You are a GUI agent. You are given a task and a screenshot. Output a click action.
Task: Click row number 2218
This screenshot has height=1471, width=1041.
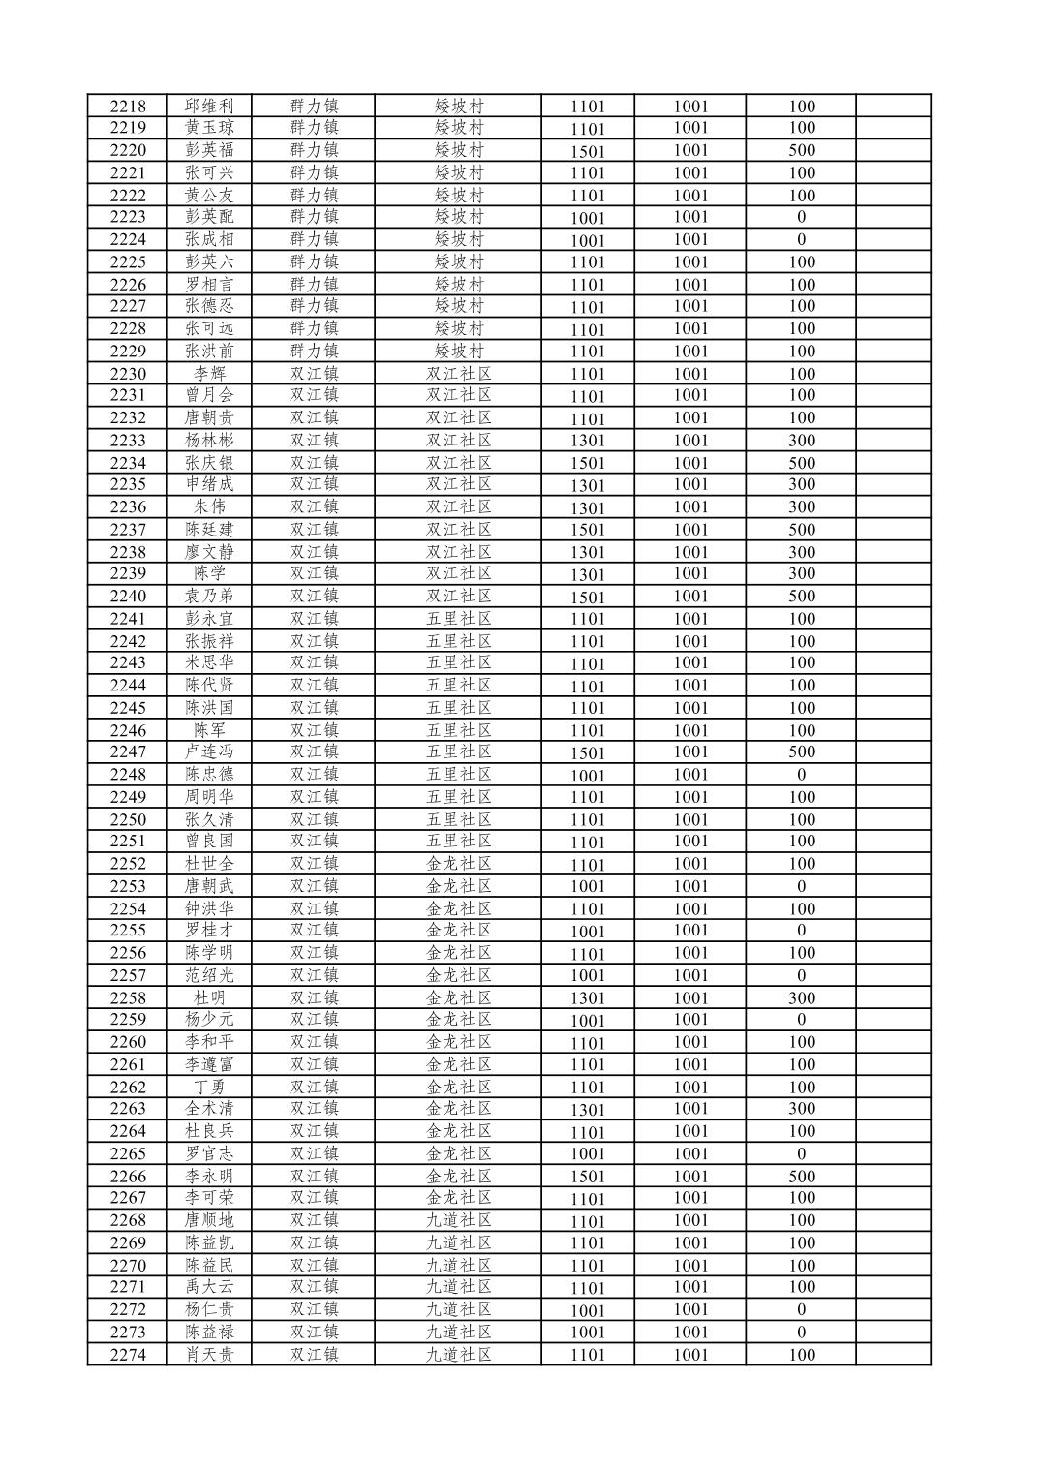128,107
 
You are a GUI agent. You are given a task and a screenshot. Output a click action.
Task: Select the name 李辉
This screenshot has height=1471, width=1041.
209,374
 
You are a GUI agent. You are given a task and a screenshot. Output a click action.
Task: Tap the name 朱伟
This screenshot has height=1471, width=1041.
209,507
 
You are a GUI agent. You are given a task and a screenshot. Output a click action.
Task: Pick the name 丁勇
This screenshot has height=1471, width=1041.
209,1087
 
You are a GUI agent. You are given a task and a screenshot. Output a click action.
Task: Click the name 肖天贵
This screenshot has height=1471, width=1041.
209,1355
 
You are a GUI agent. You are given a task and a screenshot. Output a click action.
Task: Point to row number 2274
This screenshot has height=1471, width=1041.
128,1355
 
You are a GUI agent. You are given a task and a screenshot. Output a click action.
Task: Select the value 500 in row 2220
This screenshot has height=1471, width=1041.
802,150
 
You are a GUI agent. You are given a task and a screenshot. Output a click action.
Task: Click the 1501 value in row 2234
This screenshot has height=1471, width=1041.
588,463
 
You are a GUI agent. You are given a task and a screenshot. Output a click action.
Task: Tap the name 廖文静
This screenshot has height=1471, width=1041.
209,552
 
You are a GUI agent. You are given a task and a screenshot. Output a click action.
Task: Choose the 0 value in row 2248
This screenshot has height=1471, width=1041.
802,775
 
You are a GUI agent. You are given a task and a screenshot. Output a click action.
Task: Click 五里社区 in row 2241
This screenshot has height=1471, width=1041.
459,619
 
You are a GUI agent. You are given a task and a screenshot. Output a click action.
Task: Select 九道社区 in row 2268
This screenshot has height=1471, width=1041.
459,1220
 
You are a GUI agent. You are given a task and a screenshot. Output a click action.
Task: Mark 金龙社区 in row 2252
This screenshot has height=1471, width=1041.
459,864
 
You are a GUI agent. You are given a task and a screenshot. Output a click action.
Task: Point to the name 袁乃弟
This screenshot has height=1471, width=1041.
209,597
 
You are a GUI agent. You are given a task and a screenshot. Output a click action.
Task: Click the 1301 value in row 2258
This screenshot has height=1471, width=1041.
588,998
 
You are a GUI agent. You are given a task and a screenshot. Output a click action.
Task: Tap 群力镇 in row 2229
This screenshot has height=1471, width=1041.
314,352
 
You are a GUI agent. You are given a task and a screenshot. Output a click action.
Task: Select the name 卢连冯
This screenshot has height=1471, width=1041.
209,752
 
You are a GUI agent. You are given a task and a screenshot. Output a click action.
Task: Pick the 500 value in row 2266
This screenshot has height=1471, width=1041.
802,1177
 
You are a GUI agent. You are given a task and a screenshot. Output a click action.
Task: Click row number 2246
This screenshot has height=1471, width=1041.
128,730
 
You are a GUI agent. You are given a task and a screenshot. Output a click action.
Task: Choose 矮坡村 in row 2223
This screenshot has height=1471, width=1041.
459,217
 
